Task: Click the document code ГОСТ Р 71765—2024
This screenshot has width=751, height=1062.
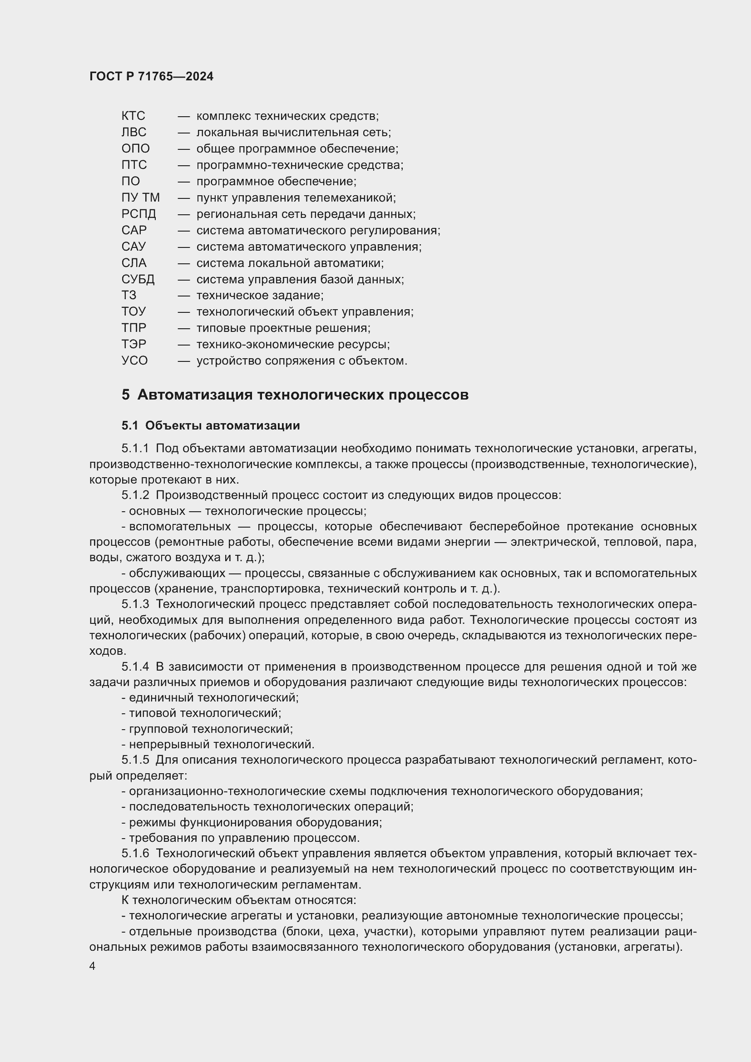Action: (151, 77)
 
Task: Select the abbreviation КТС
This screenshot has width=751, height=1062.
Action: (133, 116)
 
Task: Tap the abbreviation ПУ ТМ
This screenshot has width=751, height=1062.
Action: (141, 198)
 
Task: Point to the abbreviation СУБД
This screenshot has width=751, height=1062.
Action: (138, 279)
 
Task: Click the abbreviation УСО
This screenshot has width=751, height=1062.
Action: (134, 361)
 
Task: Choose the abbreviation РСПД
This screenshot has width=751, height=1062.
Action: (139, 214)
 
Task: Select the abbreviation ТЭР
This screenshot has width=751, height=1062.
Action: (133, 344)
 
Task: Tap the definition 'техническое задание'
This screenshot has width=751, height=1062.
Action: (259, 295)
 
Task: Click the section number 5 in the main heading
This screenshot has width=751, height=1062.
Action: (126, 395)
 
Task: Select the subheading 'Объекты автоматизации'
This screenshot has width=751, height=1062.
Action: (222, 425)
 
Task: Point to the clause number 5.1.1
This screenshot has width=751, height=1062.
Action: (135, 448)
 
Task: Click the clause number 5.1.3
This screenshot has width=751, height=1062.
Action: (135, 604)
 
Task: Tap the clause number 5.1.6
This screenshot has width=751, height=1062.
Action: (135, 854)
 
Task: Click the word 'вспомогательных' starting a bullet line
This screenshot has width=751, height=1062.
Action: (179, 526)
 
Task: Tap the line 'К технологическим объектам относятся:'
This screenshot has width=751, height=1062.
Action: (239, 900)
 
